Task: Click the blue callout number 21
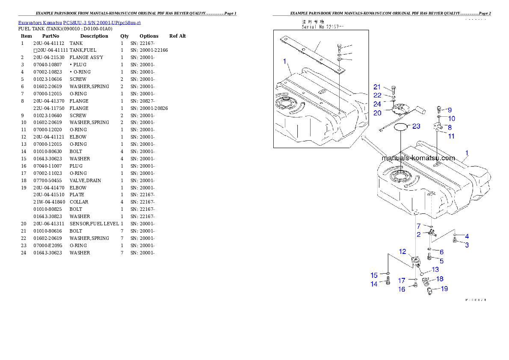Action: [x=377, y=87]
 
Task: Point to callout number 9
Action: [x=450, y=110]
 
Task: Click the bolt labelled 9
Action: [x=439, y=109]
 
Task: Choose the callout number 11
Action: [x=451, y=136]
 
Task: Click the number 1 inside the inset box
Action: [x=284, y=62]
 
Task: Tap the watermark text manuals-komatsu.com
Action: [x=418, y=158]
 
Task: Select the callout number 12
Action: [x=402, y=252]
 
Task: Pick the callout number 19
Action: [x=444, y=289]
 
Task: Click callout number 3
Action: [x=467, y=245]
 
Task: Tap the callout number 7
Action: [x=419, y=226]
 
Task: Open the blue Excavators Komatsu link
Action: [x=79, y=22]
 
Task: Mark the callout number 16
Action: [x=402, y=289]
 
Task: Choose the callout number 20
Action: [x=377, y=113]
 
